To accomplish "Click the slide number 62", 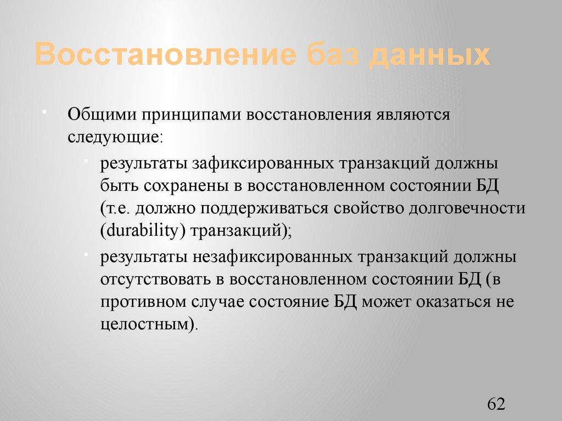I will click(x=495, y=405).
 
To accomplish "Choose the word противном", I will click(x=142, y=301).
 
